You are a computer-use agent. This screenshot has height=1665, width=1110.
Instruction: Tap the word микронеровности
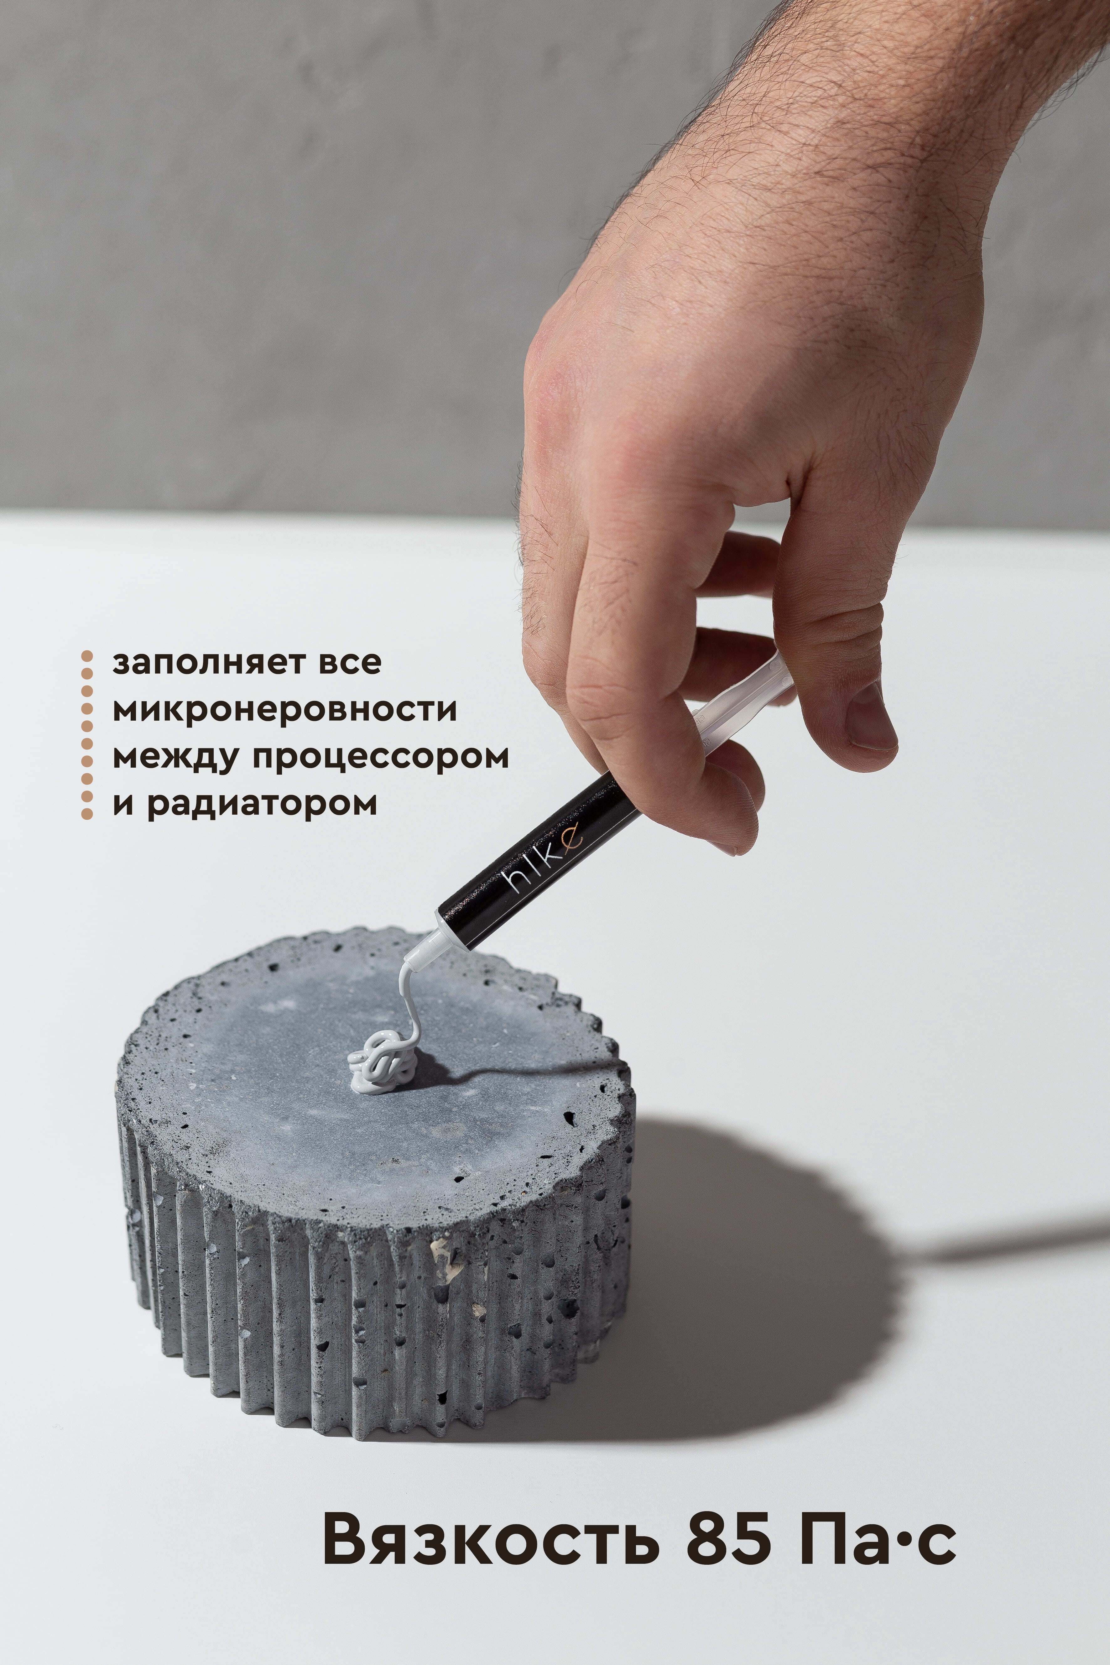point(284,710)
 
